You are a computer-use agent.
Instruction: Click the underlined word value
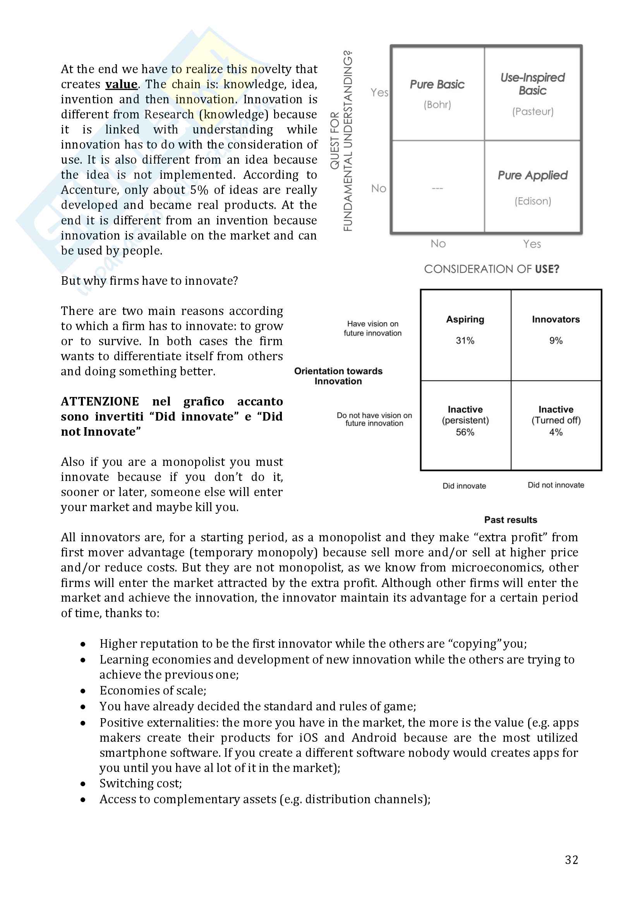(121, 84)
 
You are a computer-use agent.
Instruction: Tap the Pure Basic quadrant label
(437, 84)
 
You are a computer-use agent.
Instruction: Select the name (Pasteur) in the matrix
(533, 111)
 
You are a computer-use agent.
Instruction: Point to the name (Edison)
(533, 201)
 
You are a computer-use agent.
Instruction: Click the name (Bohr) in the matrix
(437, 104)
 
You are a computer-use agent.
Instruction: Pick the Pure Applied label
(533, 175)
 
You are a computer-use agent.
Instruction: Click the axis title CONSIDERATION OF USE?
(491, 269)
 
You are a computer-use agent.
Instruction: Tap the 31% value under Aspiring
(465, 340)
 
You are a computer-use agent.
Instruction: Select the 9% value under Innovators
(556, 340)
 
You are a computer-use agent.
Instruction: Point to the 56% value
(465, 433)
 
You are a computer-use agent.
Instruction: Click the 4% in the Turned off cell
(556, 433)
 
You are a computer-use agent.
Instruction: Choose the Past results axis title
(511, 520)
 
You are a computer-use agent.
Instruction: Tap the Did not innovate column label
(556, 485)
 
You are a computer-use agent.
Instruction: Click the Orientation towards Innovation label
(338, 376)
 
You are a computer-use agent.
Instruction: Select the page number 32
(571, 860)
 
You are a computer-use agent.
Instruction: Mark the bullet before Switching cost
(83, 784)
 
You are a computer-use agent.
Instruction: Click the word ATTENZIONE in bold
(100, 402)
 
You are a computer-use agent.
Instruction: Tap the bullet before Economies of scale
(83, 691)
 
